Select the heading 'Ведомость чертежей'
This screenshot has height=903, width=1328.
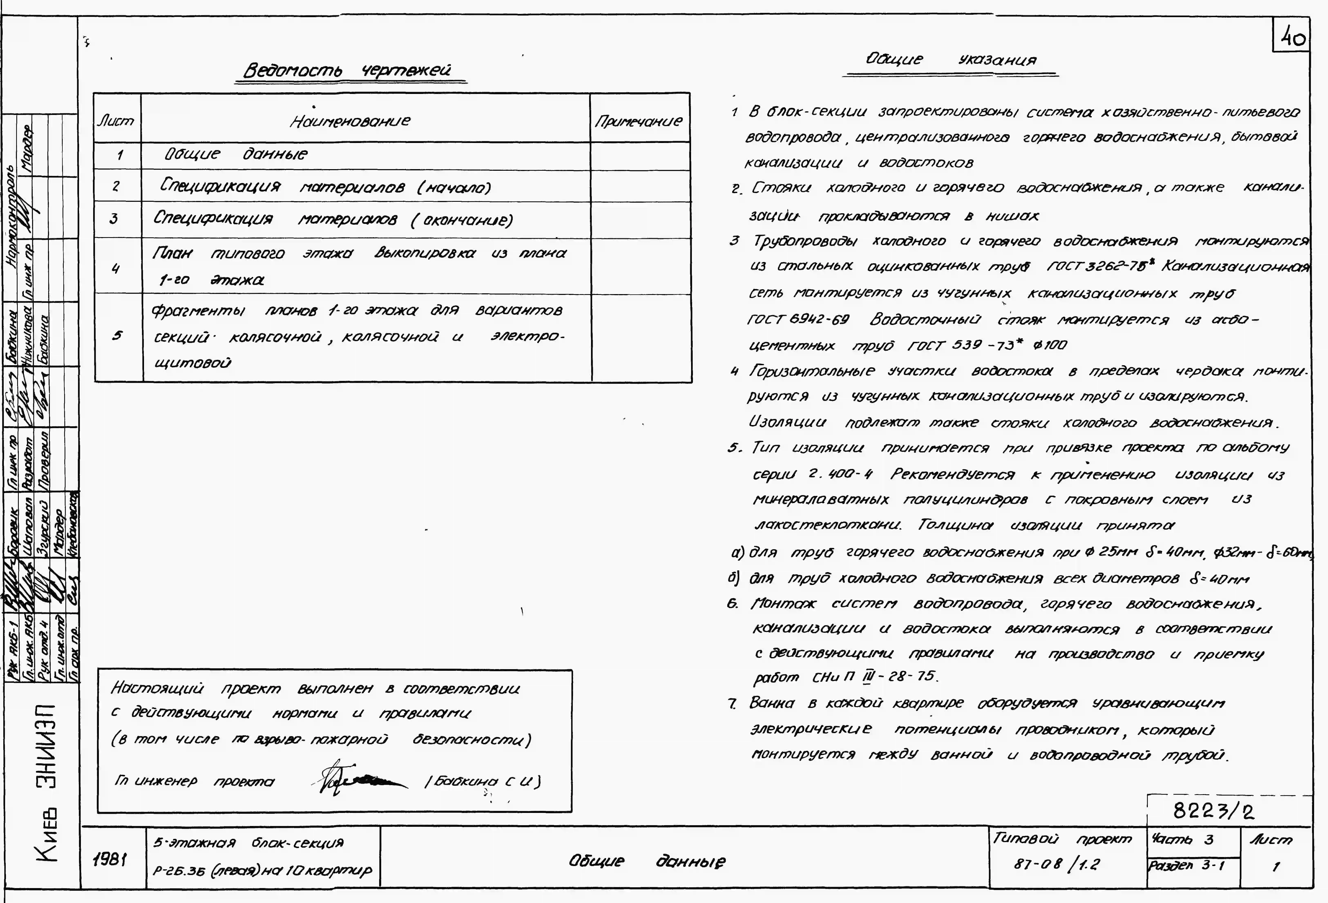[x=347, y=70]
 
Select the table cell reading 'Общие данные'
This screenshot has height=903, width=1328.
[x=236, y=154]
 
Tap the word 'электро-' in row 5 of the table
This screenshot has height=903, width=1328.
[x=527, y=337]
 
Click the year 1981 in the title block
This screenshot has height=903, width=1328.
[x=110, y=859]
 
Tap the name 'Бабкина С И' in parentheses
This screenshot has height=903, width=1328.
[x=483, y=781]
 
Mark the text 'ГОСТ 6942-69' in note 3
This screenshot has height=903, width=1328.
[x=798, y=319]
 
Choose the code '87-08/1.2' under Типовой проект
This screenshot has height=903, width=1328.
[x=1056, y=864]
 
